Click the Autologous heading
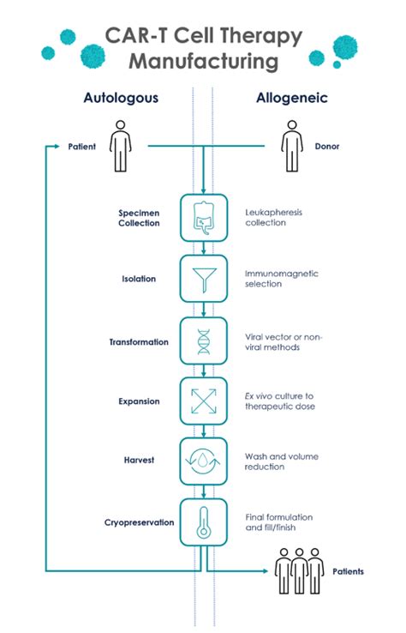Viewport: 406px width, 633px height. [x=121, y=98]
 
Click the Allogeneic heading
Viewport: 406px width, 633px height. [x=291, y=98]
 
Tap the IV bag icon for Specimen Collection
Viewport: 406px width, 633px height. [x=203, y=218]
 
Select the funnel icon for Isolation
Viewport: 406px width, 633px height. [x=205, y=279]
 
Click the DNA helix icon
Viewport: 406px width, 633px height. [x=204, y=341]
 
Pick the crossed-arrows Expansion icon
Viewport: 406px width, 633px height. [x=204, y=401]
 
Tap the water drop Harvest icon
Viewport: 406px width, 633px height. [x=203, y=461]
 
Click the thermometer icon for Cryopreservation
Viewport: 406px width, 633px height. [x=203, y=522]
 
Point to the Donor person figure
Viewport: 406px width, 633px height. [x=292, y=146]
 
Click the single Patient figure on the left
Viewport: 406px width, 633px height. [x=120, y=146]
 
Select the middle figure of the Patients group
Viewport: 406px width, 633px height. [x=299, y=571]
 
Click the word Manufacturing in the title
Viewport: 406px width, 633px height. [x=204, y=62]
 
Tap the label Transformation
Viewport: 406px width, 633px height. [x=139, y=342]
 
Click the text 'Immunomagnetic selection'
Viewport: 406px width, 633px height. [x=282, y=279]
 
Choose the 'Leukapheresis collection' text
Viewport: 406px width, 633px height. [x=273, y=218]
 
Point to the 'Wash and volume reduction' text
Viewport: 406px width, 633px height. [x=282, y=461]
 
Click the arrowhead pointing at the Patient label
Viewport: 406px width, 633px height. [x=57, y=146]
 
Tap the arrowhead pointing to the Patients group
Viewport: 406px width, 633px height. [x=265, y=571]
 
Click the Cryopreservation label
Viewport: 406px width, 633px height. [x=139, y=523]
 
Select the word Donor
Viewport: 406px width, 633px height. [x=327, y=146]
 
